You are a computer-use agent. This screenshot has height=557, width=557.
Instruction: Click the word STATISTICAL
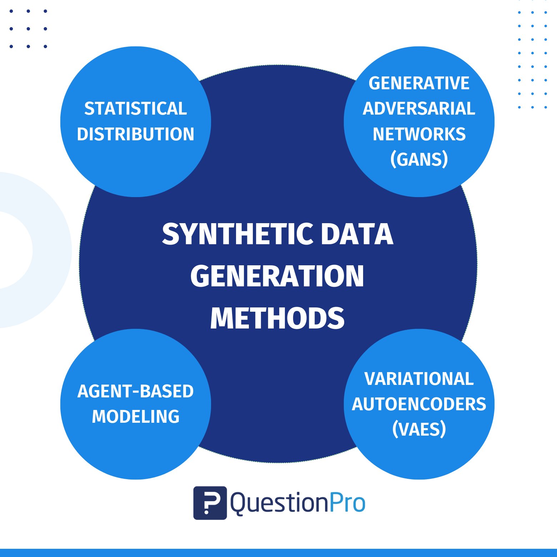[136, 109]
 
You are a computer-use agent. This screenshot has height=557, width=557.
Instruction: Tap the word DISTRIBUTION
[136, 134]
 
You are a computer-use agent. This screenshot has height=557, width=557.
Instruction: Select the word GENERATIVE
[419, 83]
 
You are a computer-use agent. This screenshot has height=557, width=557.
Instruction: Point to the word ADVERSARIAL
[419, 109]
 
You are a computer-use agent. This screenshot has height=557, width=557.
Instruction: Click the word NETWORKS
[419, 134]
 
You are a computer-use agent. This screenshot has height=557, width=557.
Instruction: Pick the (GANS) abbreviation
[419, 159]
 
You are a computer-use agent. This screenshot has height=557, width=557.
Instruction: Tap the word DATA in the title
[357, 234]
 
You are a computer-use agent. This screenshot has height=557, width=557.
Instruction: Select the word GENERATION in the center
[277, 276]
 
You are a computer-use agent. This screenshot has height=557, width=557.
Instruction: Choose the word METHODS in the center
[277, 318]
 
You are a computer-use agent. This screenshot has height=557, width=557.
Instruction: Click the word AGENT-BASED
[136, 391]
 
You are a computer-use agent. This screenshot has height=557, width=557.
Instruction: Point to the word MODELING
[136, 417]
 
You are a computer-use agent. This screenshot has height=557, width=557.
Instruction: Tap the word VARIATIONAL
[419, 379]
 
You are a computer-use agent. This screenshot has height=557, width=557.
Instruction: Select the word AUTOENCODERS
[419, 404]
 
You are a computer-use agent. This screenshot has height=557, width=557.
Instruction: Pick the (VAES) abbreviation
[419, 429]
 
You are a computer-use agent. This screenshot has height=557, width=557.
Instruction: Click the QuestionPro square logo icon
[210, 503]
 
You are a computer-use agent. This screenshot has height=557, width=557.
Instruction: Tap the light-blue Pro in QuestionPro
[347, 503]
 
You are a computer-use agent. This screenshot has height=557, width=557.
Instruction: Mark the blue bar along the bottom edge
[278, 553]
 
